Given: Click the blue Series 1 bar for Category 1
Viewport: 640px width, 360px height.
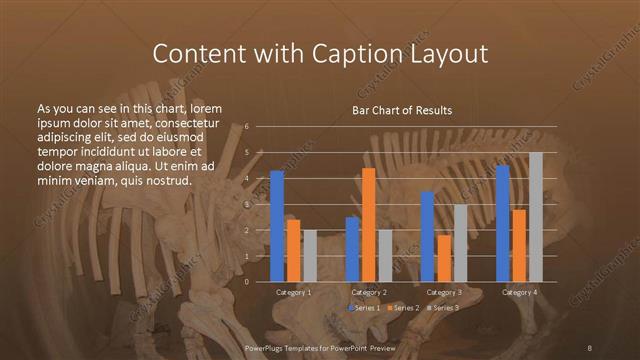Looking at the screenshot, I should [277, 226].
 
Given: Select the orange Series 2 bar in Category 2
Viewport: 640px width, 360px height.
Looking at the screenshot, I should [369, 225].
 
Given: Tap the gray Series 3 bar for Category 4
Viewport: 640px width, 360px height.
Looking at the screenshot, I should [536, 217].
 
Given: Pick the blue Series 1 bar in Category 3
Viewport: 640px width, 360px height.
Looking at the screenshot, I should [427, 236].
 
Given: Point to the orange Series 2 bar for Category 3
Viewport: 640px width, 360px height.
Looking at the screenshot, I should [443, 258].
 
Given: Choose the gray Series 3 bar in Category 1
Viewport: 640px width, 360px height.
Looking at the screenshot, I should [309, 256].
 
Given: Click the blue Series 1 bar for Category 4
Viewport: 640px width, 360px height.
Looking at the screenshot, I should [502, 223].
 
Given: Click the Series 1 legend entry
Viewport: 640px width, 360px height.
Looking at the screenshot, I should [364, 308].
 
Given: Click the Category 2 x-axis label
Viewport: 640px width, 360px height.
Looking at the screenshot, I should [369, 292].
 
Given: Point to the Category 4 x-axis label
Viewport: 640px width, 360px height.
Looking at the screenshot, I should [519, 292].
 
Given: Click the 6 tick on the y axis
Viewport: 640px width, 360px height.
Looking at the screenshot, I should [247, 127].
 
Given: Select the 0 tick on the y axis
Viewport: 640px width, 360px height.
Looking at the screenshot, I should [247, 282].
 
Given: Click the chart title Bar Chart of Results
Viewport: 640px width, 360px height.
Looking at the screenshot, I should [402, 109].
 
